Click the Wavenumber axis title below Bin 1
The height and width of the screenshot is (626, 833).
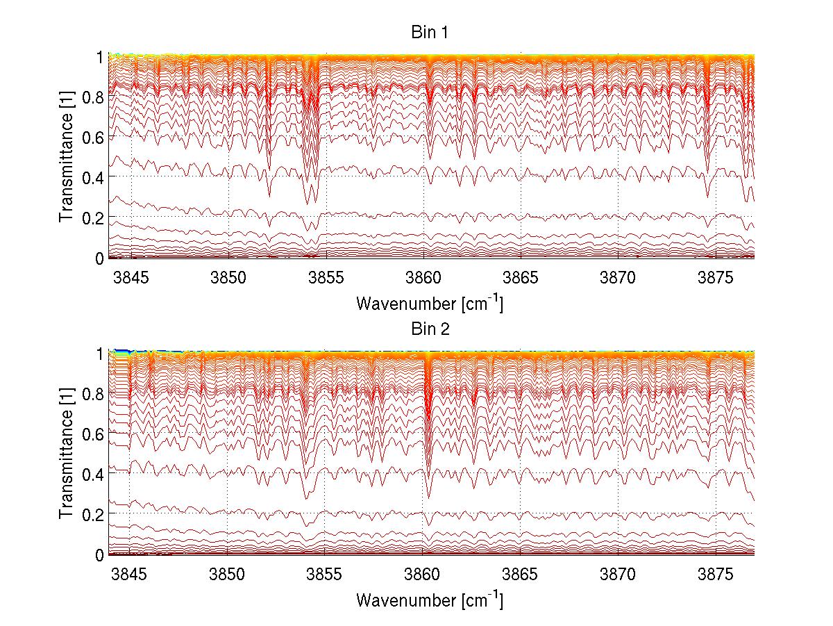coord(429,303)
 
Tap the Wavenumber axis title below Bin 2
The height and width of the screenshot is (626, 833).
coord(429,600)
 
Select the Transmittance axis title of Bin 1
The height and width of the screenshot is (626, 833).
coord(67,157)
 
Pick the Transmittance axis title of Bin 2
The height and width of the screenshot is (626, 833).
coord(67,454)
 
